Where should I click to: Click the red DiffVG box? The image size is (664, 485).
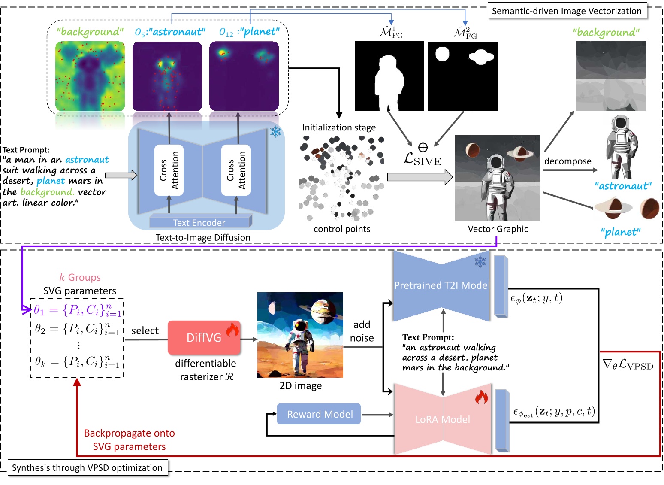[x=204, y=337]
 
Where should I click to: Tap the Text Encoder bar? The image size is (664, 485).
[x=199, y=222]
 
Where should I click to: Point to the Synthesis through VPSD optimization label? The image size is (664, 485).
[x=88, y=467]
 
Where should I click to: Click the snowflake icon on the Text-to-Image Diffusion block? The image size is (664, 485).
[x=275, y=132]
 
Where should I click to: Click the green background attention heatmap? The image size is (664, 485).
[x=90, y=76]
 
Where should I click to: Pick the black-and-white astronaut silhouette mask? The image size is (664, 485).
[x=389, y=76]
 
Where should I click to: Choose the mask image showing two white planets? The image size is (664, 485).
[x=463, y=76]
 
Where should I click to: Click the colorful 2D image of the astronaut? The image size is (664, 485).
[x=300, y=335]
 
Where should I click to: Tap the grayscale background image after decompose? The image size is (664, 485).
[x=611, y=76]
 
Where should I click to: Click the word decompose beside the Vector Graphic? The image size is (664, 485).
[x=567, y=161]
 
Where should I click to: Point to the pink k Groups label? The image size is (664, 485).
[x=80, y=277]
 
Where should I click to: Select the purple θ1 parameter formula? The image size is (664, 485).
[x=77, y=310]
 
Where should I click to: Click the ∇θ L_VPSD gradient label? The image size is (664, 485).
[x=628, y=365]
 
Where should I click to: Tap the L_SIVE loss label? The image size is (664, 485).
[x=423, y=160]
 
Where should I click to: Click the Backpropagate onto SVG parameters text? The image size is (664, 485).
[x=129, y=440]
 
